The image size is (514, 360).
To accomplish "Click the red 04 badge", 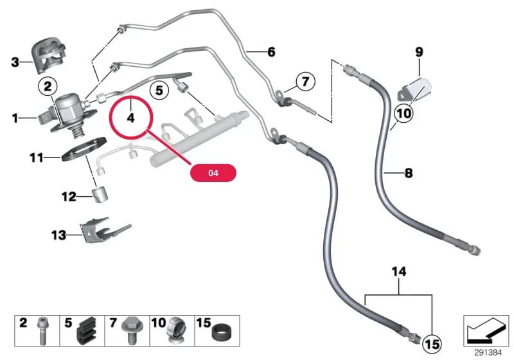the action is pos(213,173).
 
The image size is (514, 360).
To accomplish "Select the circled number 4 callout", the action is pos(131,117).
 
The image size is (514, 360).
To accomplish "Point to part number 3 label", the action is pos(15,62).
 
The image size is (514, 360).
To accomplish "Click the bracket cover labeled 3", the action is pos(49,56).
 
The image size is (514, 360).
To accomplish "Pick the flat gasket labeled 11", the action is pos(84,151).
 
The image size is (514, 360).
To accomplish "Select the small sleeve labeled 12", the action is pos(100,194).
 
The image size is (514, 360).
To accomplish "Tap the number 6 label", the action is pos(271,52).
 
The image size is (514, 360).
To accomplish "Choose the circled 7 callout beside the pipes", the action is pos(306,81).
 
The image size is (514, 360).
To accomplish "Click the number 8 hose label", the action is pos(409,173).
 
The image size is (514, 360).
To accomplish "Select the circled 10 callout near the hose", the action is pos(404,113).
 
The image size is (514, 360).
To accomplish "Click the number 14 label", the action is pos(399,271).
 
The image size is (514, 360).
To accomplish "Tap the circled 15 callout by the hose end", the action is pos(432,345).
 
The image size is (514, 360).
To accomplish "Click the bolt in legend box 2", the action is pos(42,331).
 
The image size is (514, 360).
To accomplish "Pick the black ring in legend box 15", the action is pos(222,334).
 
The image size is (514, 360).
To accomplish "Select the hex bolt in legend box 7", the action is pos(130,330).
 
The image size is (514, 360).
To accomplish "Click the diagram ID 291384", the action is pos(488,353).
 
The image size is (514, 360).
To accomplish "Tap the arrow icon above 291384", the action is pos(486,331).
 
